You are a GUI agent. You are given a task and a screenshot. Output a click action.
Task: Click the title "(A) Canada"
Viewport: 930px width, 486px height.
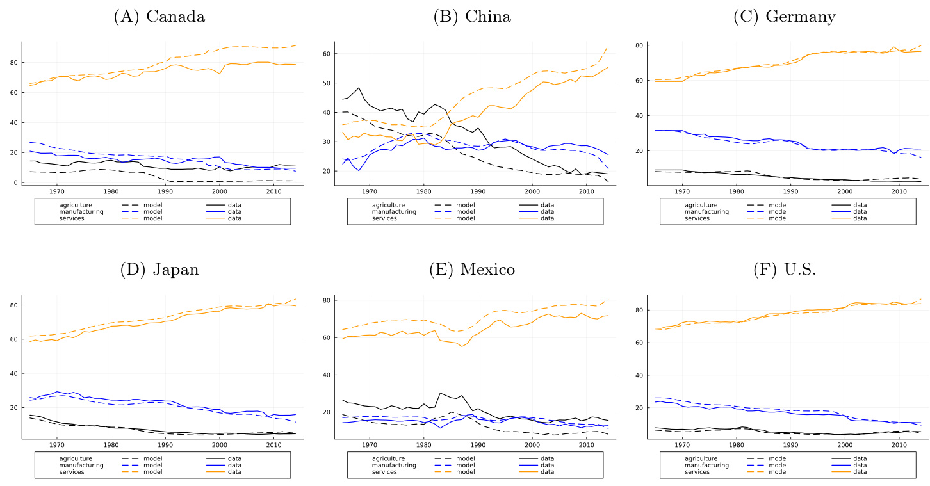coord(159,17)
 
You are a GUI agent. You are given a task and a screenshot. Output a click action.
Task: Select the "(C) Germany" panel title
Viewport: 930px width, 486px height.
coord(784,17)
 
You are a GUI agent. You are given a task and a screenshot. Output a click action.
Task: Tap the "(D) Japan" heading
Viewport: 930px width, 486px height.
coord(159,270)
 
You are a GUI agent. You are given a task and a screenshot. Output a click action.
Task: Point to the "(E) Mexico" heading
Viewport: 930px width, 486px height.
coord(472,270)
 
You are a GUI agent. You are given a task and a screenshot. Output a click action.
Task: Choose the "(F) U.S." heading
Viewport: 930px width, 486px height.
coord(784,270)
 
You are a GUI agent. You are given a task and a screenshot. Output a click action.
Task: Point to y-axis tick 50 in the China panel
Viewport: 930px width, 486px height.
coord(326,83)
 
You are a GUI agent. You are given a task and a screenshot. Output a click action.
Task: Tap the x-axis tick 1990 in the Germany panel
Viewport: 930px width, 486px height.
coord(790,191)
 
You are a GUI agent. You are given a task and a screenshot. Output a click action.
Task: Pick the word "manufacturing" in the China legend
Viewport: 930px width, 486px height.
coord(394,212)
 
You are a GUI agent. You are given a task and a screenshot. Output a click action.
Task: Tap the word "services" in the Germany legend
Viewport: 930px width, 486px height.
coord(697,218)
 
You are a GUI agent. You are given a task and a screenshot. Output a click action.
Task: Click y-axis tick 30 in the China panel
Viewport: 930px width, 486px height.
coord(326,142)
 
